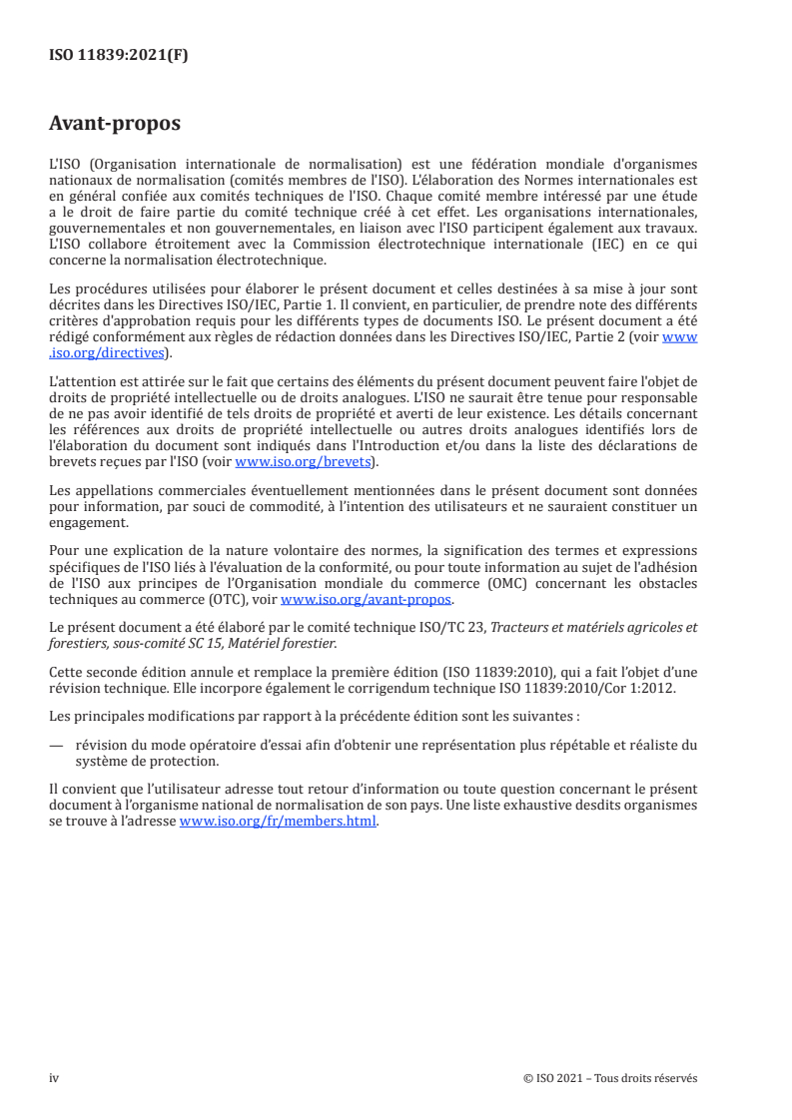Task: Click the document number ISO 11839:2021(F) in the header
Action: point(118,56)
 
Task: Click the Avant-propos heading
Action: point(114,125)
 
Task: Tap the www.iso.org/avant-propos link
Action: point(367,600)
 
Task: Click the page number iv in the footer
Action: point(55,1078)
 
